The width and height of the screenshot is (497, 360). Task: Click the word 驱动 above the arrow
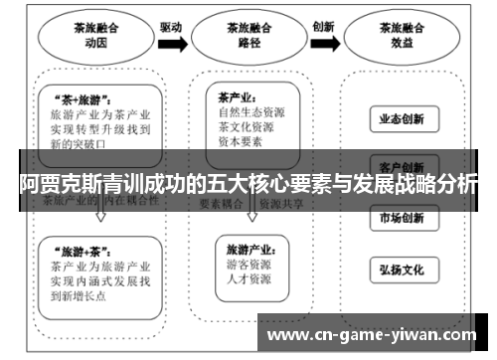[x=171, y=27]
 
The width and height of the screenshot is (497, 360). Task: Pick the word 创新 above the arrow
[x=323, y=27]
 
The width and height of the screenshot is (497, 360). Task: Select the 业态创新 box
[x=402, y=119]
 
